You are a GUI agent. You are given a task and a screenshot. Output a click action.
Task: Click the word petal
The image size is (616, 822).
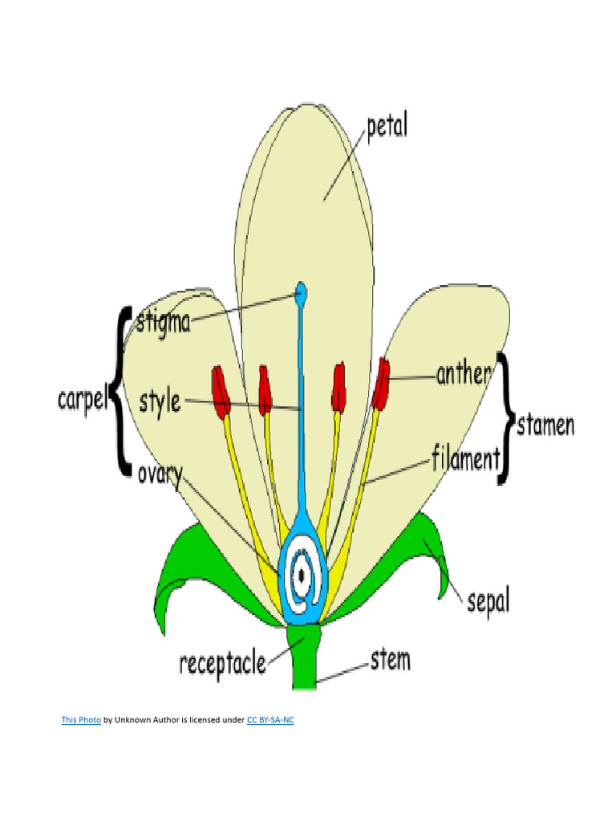coord(387,127)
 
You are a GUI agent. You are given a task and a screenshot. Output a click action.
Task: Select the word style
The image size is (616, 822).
coord(160,401)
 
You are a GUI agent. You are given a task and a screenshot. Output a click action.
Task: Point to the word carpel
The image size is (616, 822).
coord(82,399)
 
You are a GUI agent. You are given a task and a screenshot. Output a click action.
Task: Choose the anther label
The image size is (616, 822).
coord(463,374)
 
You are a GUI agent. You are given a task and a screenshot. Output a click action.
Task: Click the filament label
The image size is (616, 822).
coord(465,459)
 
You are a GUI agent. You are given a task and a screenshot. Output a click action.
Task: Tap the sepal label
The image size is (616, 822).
coord(488,600)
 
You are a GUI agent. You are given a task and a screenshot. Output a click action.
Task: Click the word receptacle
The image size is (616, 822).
coord(222,664)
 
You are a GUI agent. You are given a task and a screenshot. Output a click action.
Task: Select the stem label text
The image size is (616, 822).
coord(390,661)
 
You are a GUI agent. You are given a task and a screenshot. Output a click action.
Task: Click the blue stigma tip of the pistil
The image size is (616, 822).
coord(301,294)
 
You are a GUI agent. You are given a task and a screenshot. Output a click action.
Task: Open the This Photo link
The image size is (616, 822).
coord(81,720)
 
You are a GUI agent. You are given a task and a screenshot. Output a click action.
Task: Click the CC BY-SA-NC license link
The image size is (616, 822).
coord(269,720)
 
